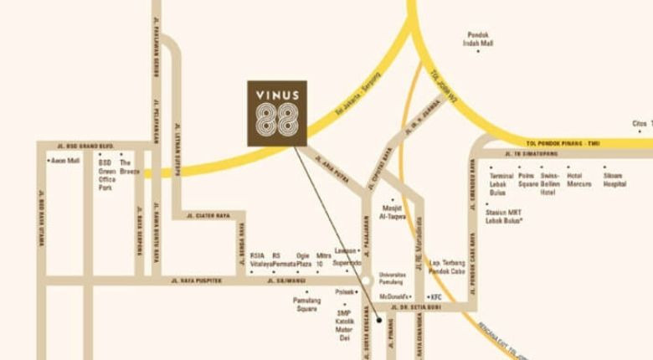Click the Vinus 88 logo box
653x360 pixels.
point(277,114)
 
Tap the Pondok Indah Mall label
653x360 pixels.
point(479,39)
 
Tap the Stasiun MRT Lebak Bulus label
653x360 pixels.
point(504,218)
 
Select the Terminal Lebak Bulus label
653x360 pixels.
point(501,183)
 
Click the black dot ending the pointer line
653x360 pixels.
point(379,320)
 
